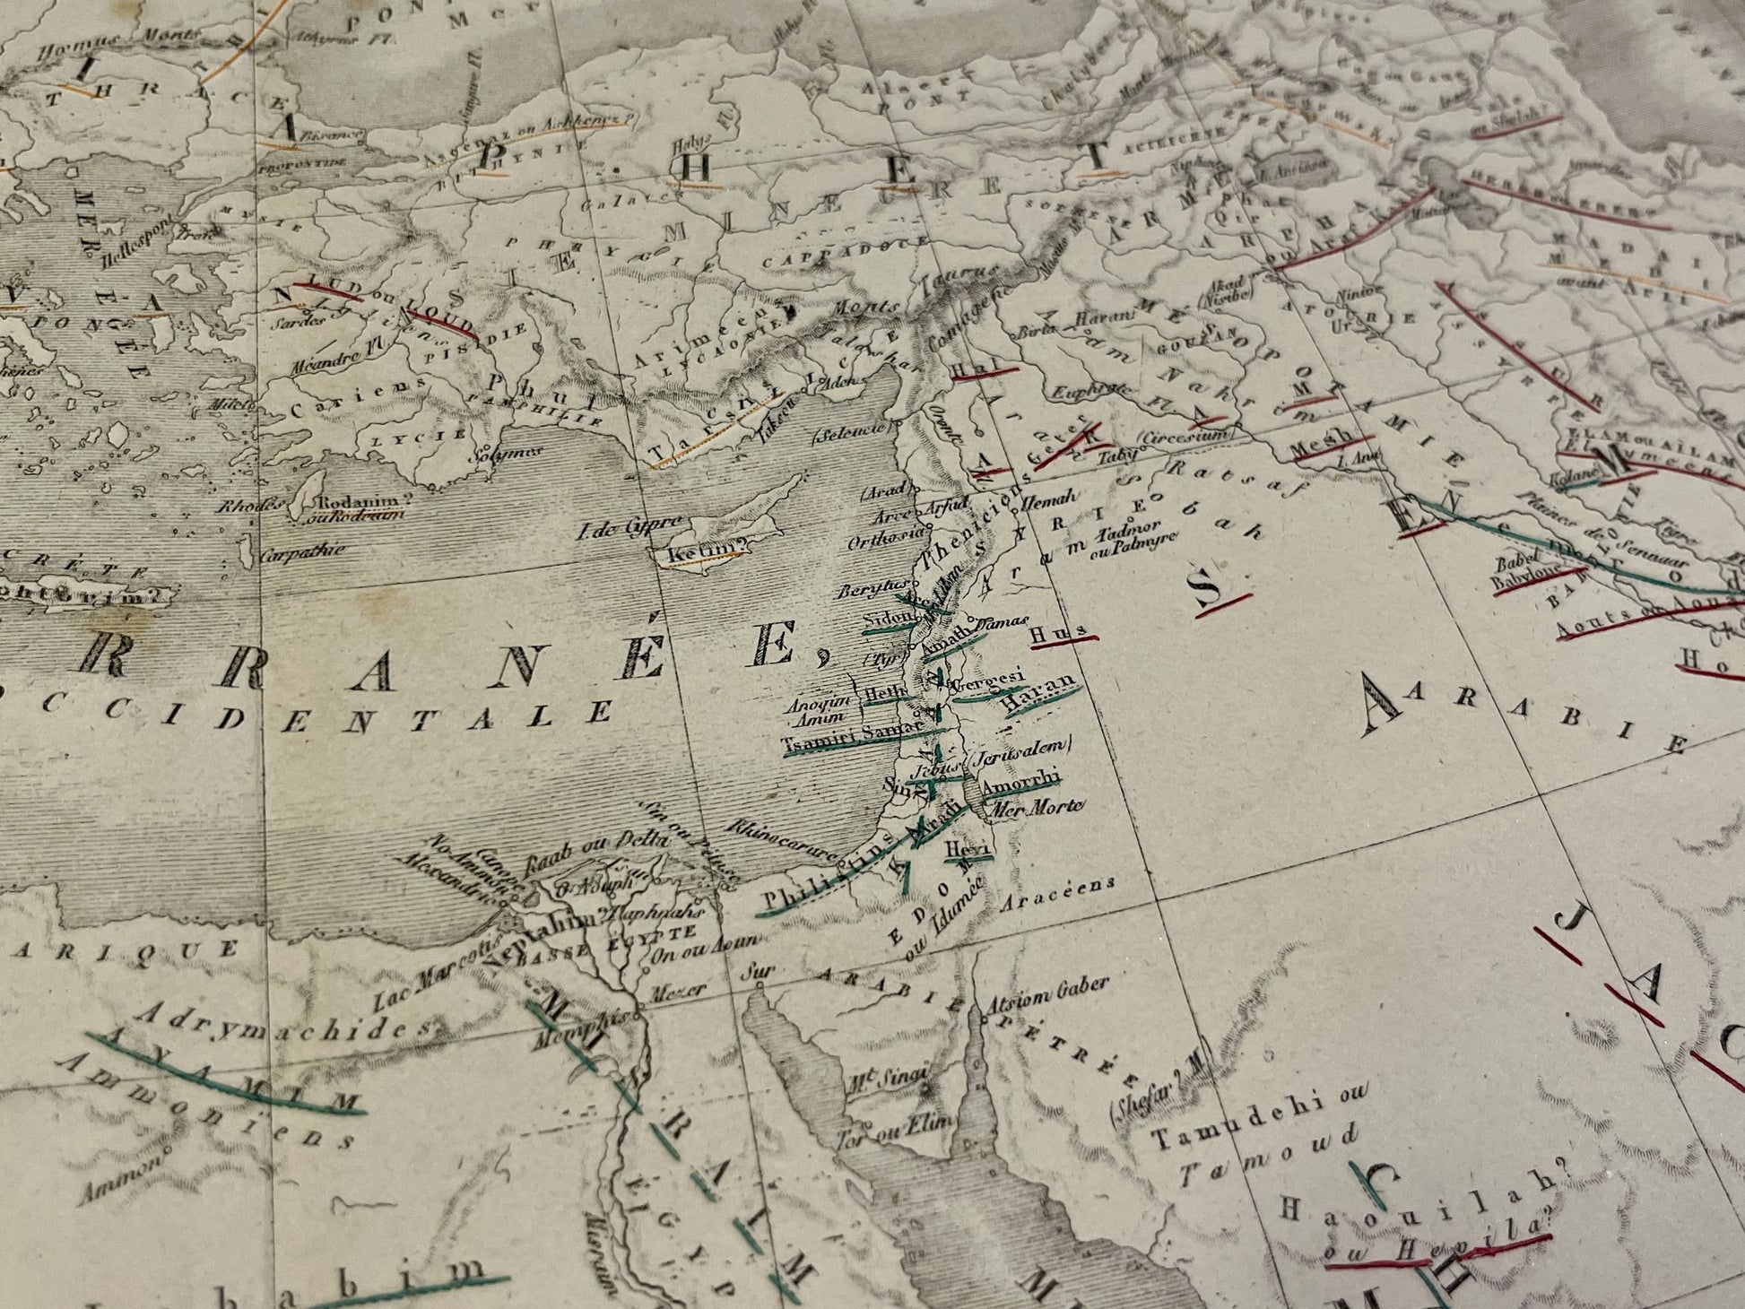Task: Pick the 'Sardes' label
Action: pyautogui.click(x=300, y=319)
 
